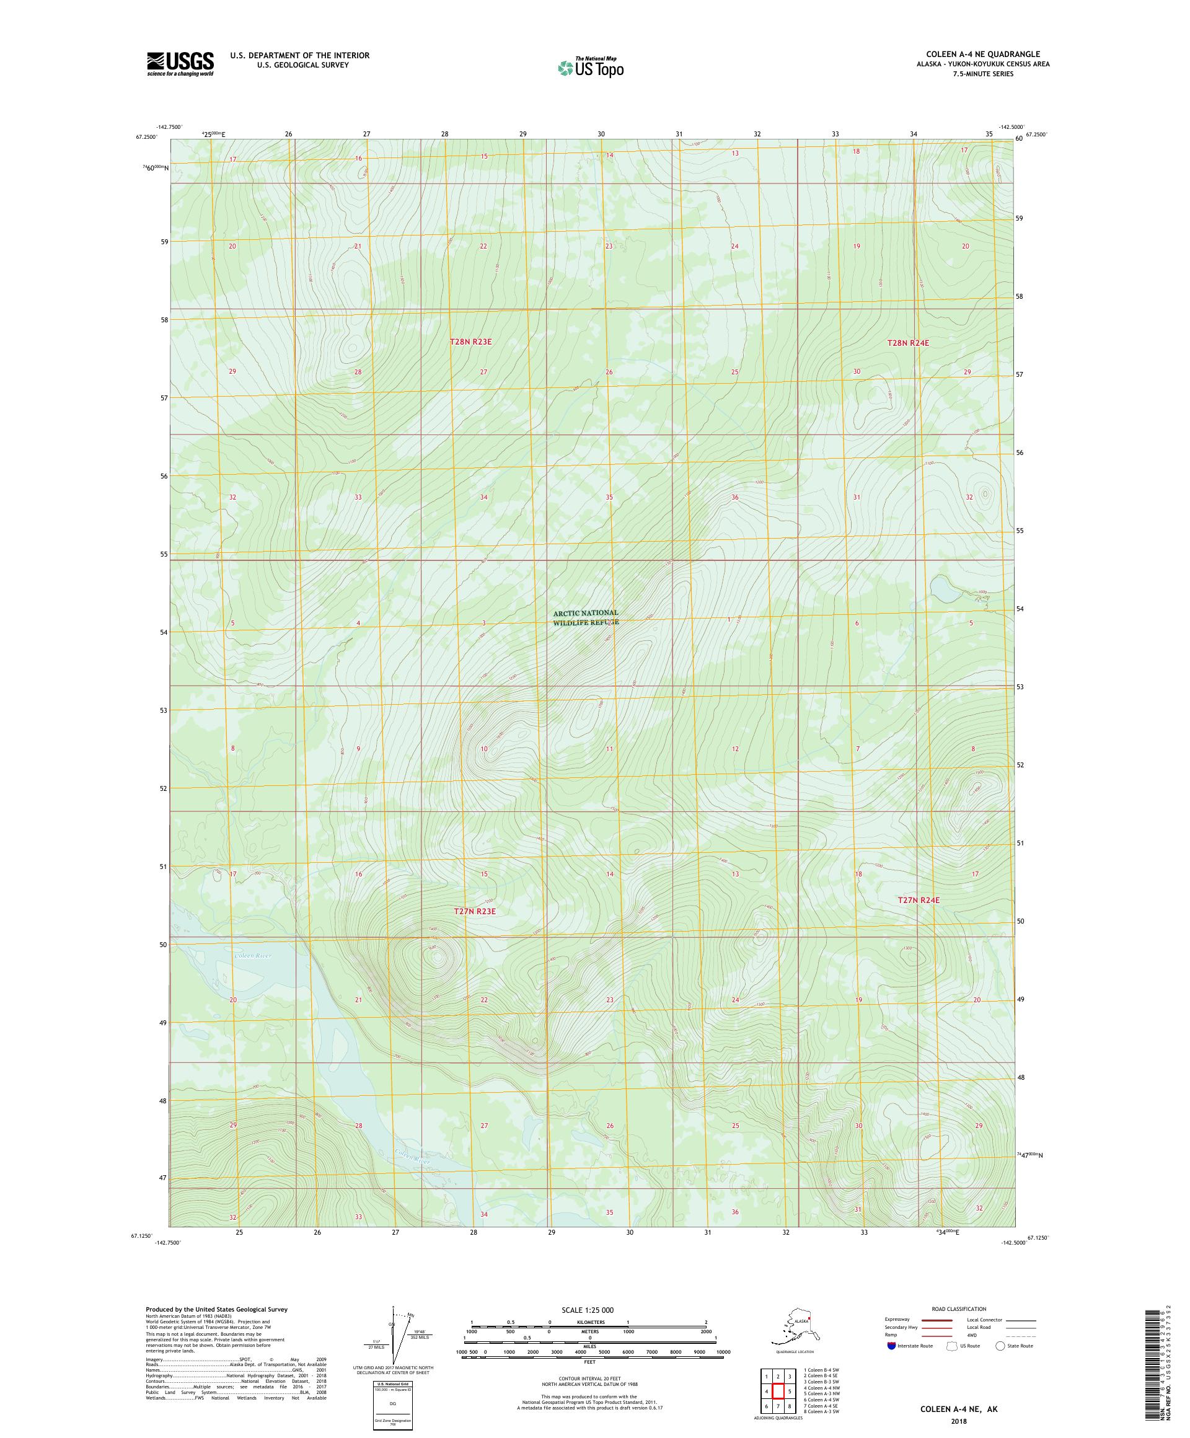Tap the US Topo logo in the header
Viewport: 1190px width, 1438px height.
[590, 68]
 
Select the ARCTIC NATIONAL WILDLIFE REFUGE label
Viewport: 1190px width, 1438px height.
[586, 617]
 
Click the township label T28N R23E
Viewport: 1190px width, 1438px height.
[470, 341]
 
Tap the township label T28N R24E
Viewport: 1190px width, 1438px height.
[908, 342]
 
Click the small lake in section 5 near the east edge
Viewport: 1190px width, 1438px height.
[945, 588]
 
